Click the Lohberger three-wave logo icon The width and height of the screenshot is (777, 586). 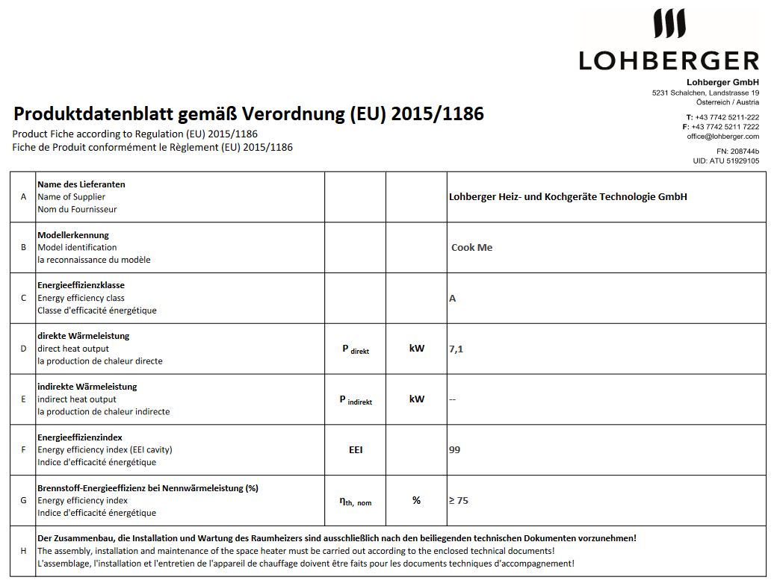pos(669,24)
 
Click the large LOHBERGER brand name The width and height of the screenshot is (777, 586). pos(669,60)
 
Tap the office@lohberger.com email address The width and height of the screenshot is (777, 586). pos(722,137)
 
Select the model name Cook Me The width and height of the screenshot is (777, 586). pos(471,248)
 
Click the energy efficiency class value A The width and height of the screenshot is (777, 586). pos(452,299)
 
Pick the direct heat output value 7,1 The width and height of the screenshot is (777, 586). pos(456,349)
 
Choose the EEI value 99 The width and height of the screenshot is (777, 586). pos(454,450)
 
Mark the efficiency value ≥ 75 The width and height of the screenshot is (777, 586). pos(458,501)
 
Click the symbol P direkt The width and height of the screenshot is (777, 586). pos(356,349)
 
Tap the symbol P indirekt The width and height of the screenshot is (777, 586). pos(356,399)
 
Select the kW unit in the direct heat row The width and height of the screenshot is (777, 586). pos(416,349)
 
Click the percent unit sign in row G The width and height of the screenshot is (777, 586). pos(416,501)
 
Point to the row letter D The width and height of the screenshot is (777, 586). pos(23,349)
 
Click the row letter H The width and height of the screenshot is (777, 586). pos(23,551)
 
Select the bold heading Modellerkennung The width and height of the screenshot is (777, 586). pos(73,235)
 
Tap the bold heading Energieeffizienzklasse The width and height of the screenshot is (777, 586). pos(81,285)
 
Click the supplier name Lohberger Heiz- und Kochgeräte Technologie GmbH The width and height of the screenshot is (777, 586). pos(568,197)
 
